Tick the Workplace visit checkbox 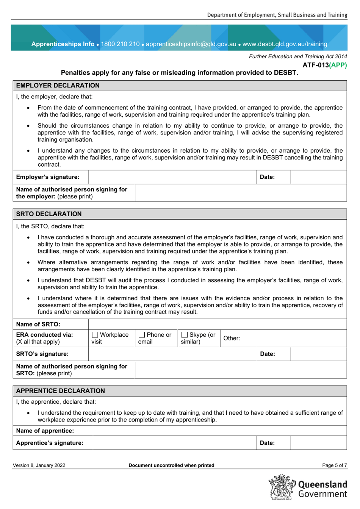coord(95,335)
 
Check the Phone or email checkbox coord(142,335)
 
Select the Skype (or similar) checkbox coord(185,335)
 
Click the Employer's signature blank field coord(172,177)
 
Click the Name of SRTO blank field coord(217,324)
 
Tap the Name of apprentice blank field coord(219,431)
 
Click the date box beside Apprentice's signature coord(318,443)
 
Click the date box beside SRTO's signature coord(318,354)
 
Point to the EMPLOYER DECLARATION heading coord(58,86)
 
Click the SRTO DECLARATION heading coord(49,214)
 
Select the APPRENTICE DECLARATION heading coord(60,391)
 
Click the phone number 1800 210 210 coord(120,44)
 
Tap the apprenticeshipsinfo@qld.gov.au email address coord(191,44)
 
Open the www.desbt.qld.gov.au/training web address coord(285,44)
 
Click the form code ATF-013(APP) coord(324,65)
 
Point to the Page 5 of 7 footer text coord(334,465)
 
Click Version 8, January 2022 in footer coord(39,465)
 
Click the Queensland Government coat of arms coord(282,487)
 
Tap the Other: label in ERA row coord(232,338)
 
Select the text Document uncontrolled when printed coord(171,465)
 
